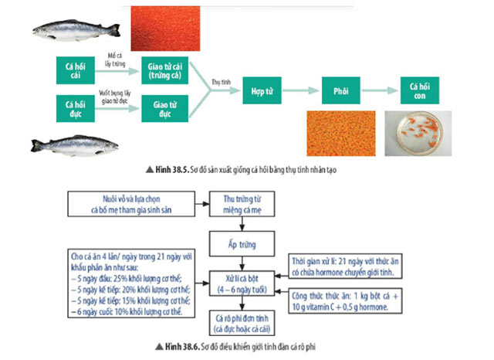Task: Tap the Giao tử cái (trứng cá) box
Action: click(x=164, y=69)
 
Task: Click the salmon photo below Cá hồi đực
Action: click(x=75, y=144)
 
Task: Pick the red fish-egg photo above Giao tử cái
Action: click(x=164, y=28)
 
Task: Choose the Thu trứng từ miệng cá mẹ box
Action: click(x=244, y=207)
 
